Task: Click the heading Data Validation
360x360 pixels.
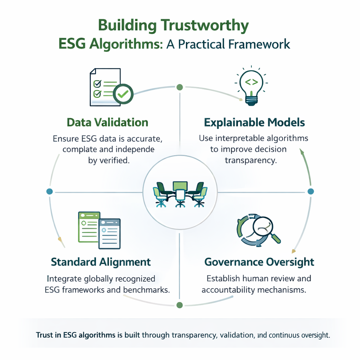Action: click(x=107, y=122)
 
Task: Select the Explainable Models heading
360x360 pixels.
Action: click(x=254, y=122)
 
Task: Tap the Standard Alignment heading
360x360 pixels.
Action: click(x=101, y=262)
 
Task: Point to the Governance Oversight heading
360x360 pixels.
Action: click(x=259, y=262)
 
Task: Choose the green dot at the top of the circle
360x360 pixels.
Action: click(x=179, y=87)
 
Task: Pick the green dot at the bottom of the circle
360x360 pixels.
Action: click(x=179, y=304)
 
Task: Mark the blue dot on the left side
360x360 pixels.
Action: click(x=50, y=192)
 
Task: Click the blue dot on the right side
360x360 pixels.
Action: click(x=310, y=192)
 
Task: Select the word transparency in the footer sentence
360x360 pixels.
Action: click(x=193, y=335)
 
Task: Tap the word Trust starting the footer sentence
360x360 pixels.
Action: click(x=44, y=335)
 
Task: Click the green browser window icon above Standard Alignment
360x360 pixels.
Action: click(x=89, y=227)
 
